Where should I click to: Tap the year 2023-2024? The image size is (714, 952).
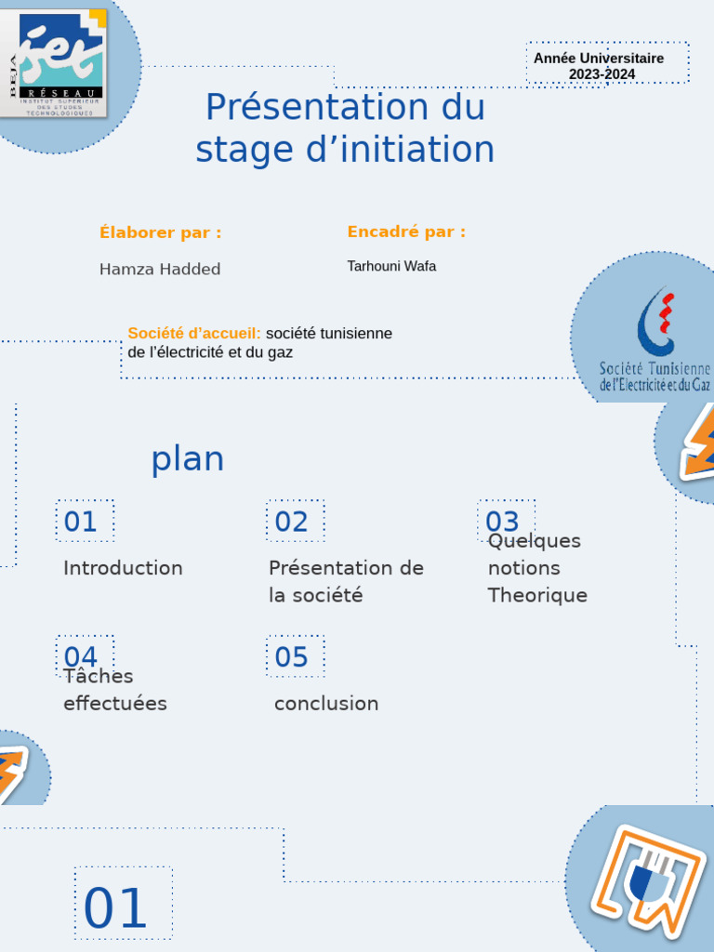tap(602, 74)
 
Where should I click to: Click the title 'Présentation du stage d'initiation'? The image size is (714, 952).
tap(345, 128)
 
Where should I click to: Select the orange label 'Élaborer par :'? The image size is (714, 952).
tap(161, 232)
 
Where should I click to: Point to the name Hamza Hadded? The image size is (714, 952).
tap(160, 270)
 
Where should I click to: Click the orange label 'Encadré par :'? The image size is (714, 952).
tap(406, 231)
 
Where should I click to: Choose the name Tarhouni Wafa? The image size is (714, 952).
tap(391, 267)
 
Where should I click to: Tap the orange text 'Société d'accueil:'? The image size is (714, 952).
tap(194, 333)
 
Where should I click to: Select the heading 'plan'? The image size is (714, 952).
tap(188, 459)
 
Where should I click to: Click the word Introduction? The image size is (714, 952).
tap(123, 568)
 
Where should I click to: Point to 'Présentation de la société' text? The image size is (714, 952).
tap(346, 581)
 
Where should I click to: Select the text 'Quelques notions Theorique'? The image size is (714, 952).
tap(537, 568)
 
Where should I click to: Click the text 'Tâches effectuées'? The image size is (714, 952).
tap(115, 690)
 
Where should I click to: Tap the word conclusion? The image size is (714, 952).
tap(326, 704)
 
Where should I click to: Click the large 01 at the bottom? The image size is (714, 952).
tap(117, 908)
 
